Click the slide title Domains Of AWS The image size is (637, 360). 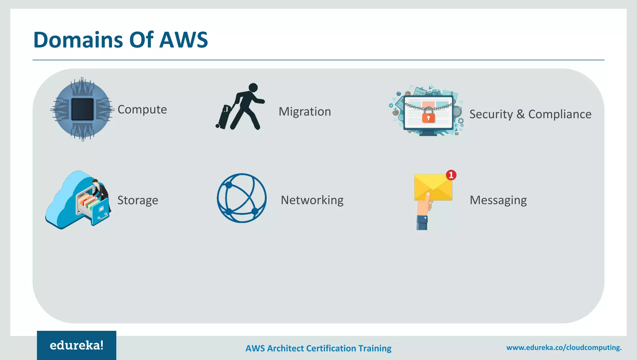coord(120,40)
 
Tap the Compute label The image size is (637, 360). coord(142,110)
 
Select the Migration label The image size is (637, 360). coord(305,111)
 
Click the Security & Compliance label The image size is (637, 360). coord(530,114)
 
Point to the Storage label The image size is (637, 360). coord(137,200)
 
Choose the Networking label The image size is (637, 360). coord(312,200)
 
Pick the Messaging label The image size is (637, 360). coord(498,200)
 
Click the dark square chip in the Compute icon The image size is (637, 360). coord(82,109)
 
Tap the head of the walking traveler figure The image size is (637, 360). coord(253,88)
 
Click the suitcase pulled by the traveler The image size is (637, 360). coord(224,117)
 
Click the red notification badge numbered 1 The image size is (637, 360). coord(451,175)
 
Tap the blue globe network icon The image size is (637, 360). coord(242,198)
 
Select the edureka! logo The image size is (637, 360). coord(77,345)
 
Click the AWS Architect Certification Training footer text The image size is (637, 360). coord(318,348)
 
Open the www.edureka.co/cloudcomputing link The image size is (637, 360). coord(564,348)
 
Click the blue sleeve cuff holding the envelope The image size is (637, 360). coord(422,223)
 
